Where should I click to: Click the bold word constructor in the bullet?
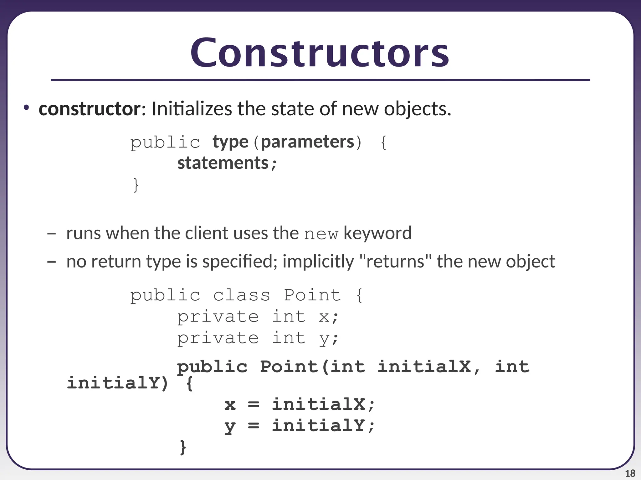tap(90, 109)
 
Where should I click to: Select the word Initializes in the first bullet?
tap(192, 109)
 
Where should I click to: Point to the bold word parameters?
tap(307, 142)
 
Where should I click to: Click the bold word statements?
tap(223, 163)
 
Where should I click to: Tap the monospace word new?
tap(321, 234)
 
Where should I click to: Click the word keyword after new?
tap(377, 233)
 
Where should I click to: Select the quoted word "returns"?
tap(396, 261)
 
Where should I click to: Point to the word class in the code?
tap(241, 295)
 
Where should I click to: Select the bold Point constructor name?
tap(289, 367)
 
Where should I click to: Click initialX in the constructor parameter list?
tap(424, 367)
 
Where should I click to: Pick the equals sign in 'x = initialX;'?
tap(254, 404)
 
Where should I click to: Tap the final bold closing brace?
tap(183, 447)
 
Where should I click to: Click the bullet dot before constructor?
tap(26, 108)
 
